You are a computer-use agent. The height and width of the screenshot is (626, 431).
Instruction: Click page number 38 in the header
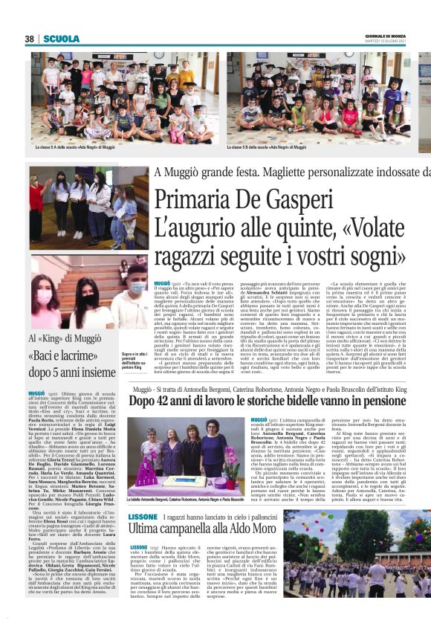(30, 39)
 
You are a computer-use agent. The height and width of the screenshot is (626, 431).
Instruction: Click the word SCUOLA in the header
(62, 39)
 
